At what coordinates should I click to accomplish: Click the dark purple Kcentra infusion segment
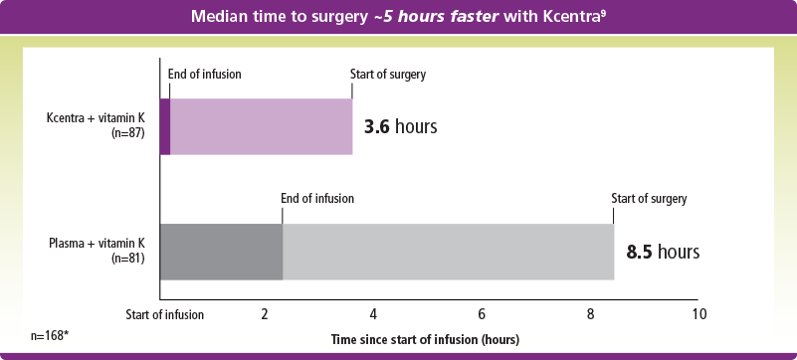pos(165,126)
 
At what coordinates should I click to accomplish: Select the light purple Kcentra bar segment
pos(261,126)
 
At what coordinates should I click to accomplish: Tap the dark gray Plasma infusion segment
pos(221,253)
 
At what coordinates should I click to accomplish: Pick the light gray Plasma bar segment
pos(448,253)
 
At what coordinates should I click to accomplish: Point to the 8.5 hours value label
pos(663,252)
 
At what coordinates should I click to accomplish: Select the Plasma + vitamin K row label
pos(98,251)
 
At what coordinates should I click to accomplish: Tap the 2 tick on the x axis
pos(265,314)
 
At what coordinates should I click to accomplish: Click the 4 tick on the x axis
pos(373,314)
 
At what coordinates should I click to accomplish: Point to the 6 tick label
pos(482,314)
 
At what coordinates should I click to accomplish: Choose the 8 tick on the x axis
pos(590,314)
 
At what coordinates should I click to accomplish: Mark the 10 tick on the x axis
pos(698,314)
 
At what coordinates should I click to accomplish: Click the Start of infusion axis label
pos(164,314)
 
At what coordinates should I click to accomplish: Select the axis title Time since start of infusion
pos(425,339)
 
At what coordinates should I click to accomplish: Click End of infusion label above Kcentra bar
pos(204,74)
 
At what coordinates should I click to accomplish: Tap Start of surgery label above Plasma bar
pos(649,198)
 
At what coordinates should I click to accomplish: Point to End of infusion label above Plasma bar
pos(317,198)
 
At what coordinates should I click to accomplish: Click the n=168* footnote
pos(49,335)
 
